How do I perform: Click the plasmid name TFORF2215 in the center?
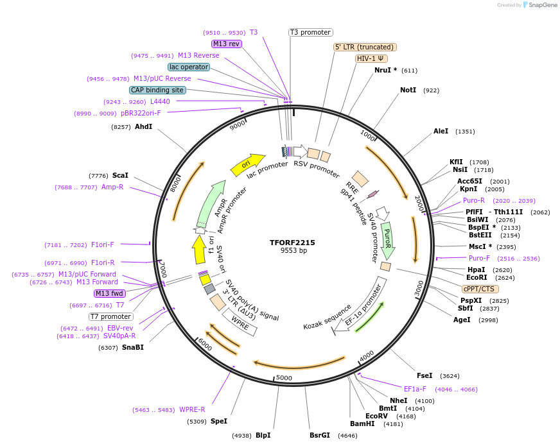tap(292, 243)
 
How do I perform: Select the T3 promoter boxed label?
tap(310, 32)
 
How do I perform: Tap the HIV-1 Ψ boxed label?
tap(371, 58)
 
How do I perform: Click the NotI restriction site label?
tap(408, 90)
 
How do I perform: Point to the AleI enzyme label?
tap(441, 131)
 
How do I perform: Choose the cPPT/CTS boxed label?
tap(478, 289)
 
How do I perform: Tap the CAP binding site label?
tap(157, 90)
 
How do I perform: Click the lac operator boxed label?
tap(189, 67)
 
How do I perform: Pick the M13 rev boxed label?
tap(226, 44)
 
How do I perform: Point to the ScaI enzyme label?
tap(120, 175)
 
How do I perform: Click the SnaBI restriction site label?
tap(132, 347)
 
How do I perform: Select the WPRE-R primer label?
tap(192, 409)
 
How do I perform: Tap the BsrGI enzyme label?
tap(319, 435)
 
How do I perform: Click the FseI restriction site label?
tap(424, 375)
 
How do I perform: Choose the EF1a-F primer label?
tap(415, 389)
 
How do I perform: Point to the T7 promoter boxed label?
tap(111, 316)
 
